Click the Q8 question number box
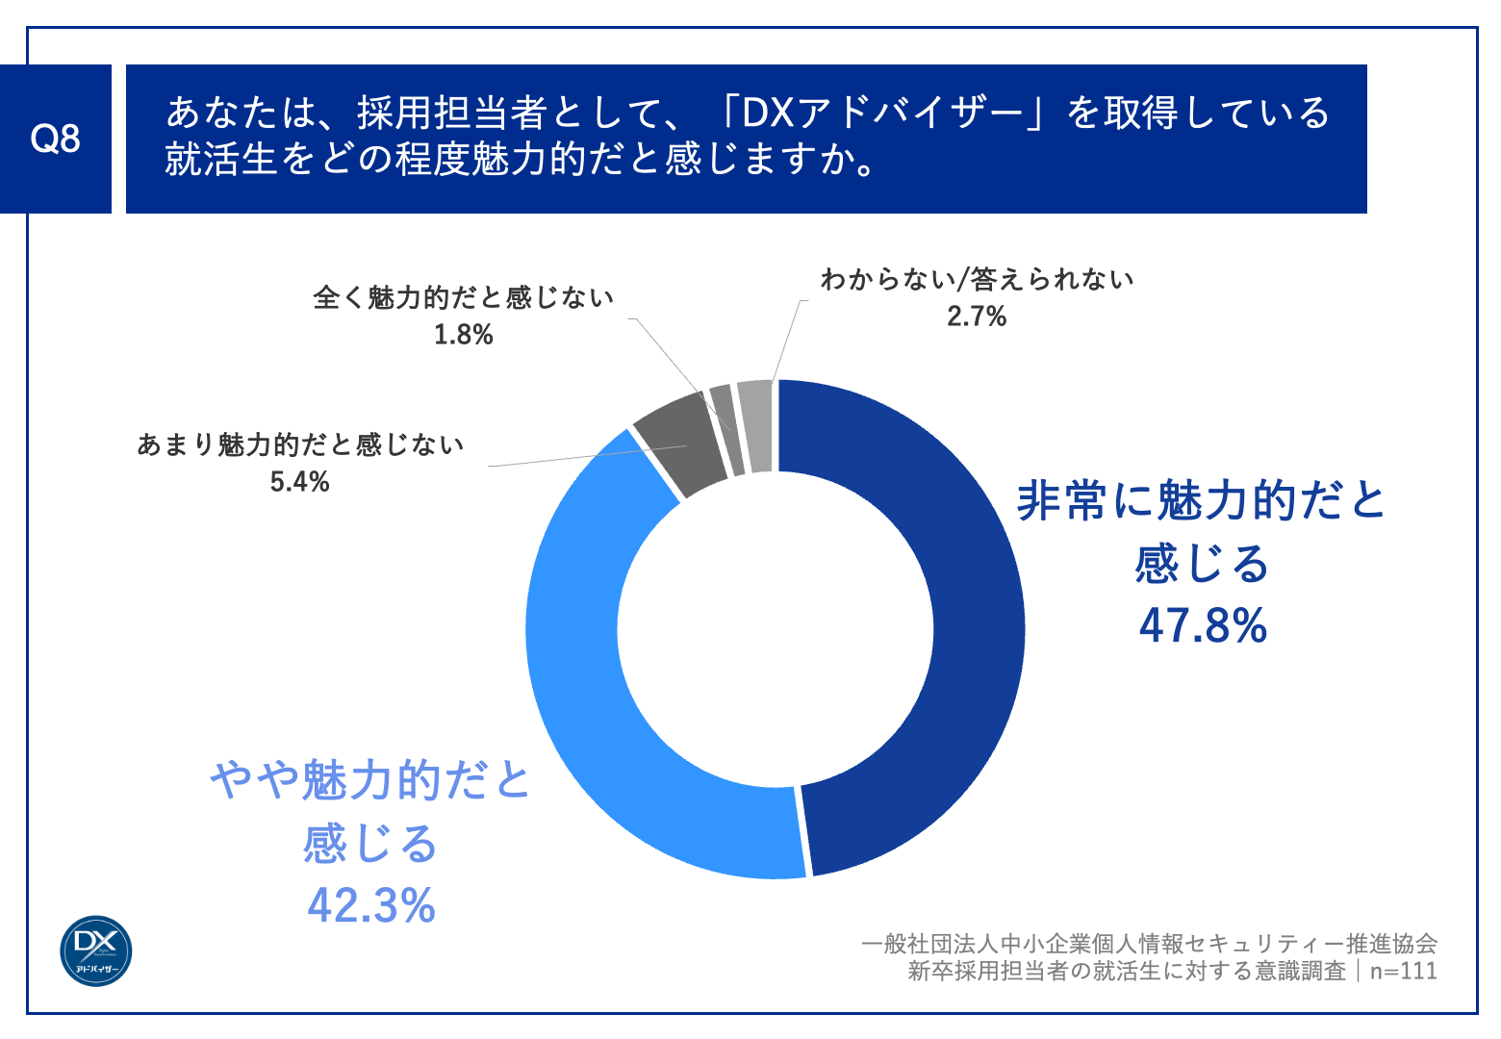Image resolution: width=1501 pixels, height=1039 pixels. pyautogui.click(x=55, y=139)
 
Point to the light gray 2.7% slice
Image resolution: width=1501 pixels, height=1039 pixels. pyautogui.click(x=756, y=425)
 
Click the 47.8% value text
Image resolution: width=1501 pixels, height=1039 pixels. pyautogui.click(x=1203, y=625)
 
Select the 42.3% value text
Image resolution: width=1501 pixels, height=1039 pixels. pyautogui.click(x=371, y=905)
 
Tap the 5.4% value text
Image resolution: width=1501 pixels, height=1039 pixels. pyautogui.click(x=299, y=482)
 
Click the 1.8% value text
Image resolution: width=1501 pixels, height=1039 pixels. pyautogui.click(x=463, y=335)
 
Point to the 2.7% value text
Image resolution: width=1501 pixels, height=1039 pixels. pyautogui.click(x=976, y=317)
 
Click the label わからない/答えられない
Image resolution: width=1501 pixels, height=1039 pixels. pyautogui.click(x=976, y=280)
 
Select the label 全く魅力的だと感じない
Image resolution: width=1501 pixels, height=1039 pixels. pyautogui.click(x=463, y=298)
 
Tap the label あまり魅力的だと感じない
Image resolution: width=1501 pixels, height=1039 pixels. pyautogui.click(x=299, y=444)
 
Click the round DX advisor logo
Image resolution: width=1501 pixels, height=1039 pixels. pyautogui.click(x=96, y=950)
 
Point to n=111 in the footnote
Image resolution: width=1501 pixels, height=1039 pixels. pyautogui.click(x=1403, y=971)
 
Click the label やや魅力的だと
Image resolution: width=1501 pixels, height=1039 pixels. pyautogui.click(x=371, y=780)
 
